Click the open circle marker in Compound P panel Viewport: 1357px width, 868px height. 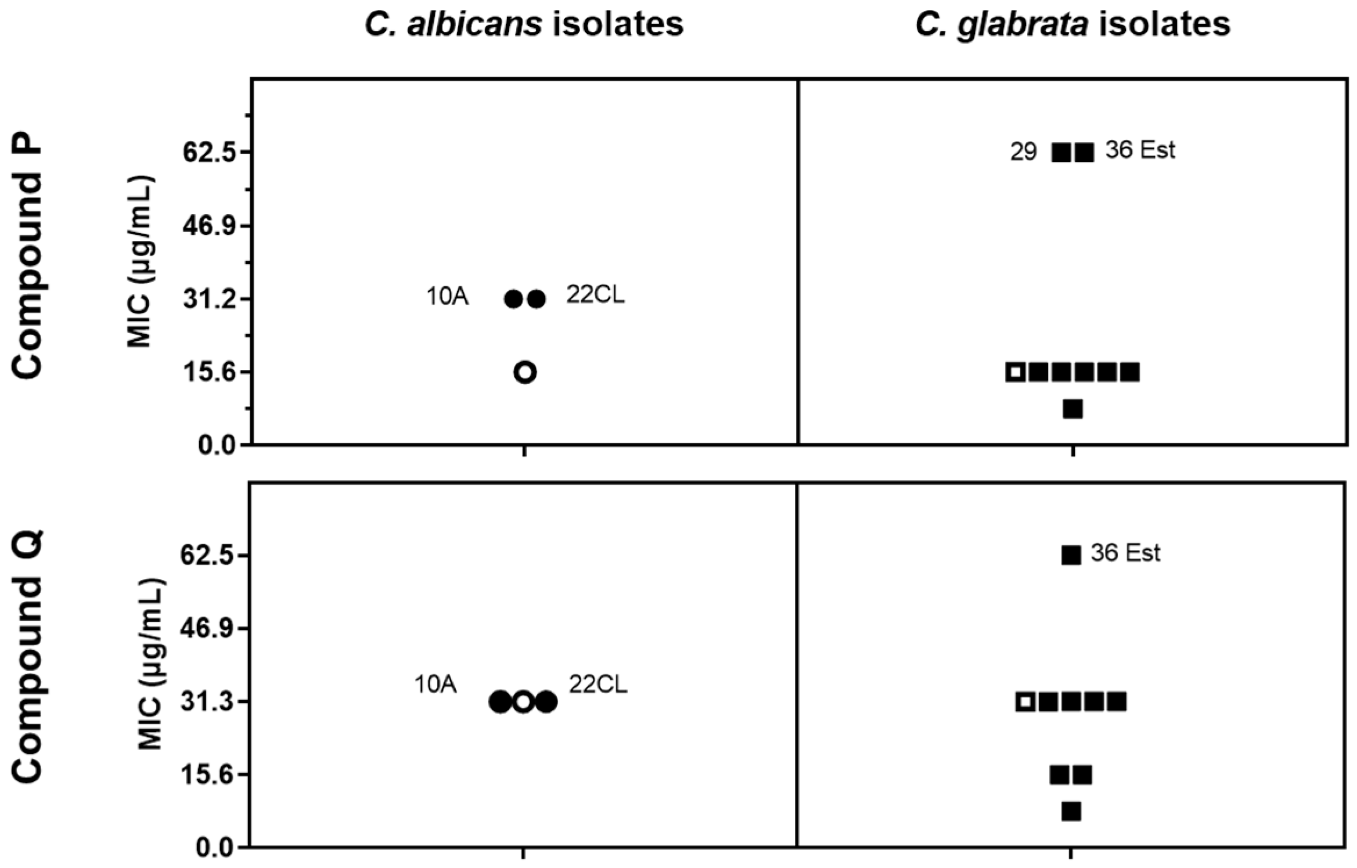[525, 372]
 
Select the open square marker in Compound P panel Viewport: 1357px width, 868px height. [1016, 372]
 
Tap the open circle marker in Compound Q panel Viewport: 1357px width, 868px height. [523, 702]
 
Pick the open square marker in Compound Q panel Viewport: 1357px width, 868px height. [1026, 702]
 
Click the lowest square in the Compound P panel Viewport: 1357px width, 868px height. [1072, 409]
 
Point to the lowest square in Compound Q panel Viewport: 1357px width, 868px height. [1071, 811]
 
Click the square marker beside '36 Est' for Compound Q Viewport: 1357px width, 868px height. [1071, 555]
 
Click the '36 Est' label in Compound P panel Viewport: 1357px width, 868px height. [1140, 150]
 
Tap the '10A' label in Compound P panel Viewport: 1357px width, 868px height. [447, 297]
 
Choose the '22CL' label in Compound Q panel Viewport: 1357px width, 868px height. [598, 685]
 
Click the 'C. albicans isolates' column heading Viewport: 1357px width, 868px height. [524, 25]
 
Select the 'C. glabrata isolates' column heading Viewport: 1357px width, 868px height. [1072, 25]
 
